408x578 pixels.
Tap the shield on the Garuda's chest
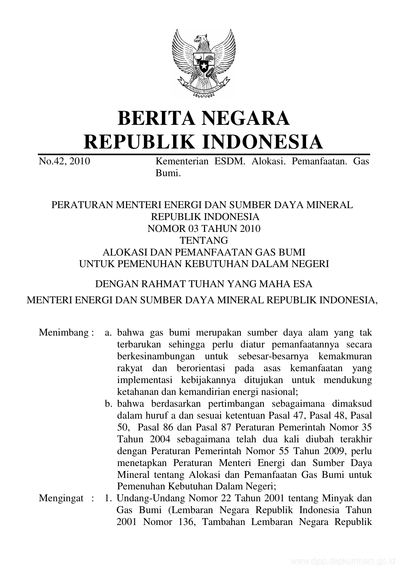pyautogui.click(x=204, y=62)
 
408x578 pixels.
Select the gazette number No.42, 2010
pyautogui.click(x=64, y=161)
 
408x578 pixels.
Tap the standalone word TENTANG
pyautogui.click(x=204, y=240)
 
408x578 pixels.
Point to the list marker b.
pyautogui.click(x=109, y=404)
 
